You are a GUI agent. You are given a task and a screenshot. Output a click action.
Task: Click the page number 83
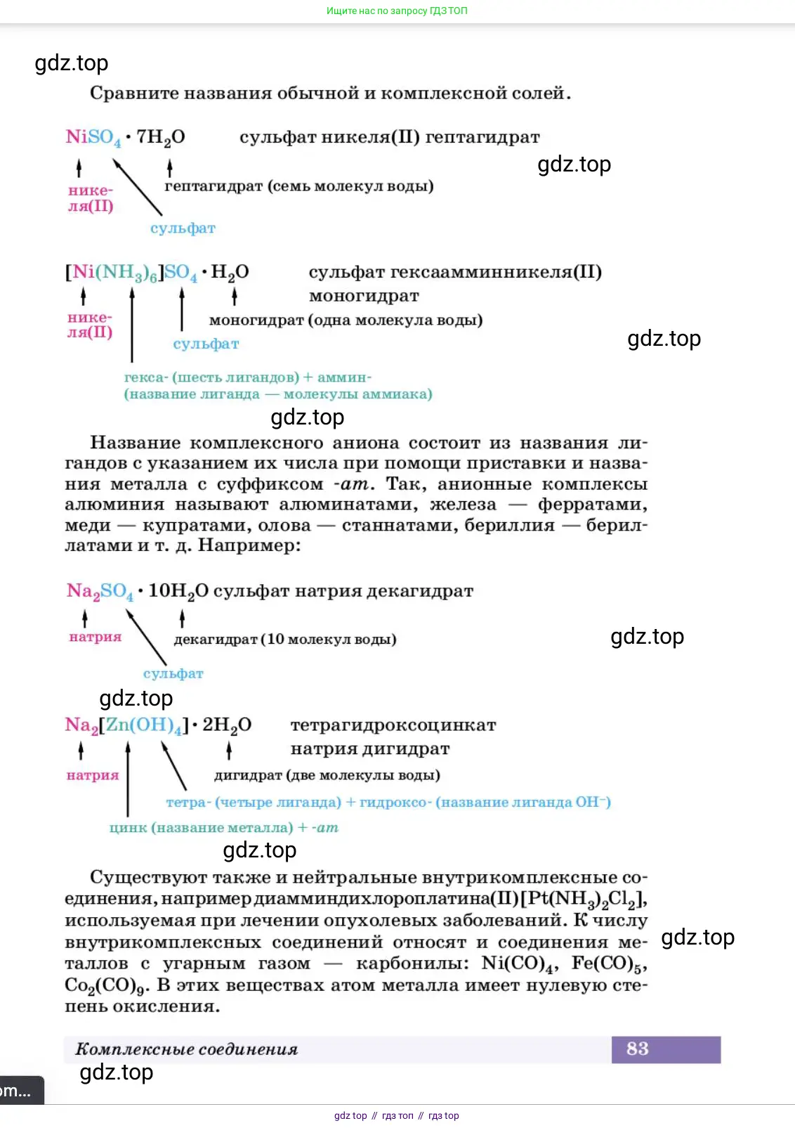tap(637, 1049)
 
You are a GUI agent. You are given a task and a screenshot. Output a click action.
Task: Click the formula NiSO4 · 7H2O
tap(125, 137)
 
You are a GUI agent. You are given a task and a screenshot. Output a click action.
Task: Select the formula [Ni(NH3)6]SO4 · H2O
tap(157, 273)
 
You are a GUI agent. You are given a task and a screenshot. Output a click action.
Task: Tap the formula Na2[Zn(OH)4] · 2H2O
tap(157, 725)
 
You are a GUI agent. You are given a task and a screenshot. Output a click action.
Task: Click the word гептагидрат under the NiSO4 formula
tap(213, 186)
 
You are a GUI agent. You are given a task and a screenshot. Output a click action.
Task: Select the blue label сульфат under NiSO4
tap(183, 228)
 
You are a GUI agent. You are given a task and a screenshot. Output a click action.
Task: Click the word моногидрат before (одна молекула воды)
tap(256, 320)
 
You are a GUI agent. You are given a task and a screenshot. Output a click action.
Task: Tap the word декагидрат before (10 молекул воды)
tap(215, 640)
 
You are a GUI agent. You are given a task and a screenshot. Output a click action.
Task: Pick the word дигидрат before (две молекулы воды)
tap(247, 775)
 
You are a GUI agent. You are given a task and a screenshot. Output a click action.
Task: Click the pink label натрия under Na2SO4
tap(96, 637)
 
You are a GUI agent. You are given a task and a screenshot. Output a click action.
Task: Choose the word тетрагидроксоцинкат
tap(393, 725)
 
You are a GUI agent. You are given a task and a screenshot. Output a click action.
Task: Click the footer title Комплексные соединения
tap(186, 1049)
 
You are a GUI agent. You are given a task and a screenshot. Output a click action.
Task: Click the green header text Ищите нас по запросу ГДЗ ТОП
tap(397, 11)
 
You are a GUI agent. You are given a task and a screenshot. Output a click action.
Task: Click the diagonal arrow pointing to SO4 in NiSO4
tap(138, 187)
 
